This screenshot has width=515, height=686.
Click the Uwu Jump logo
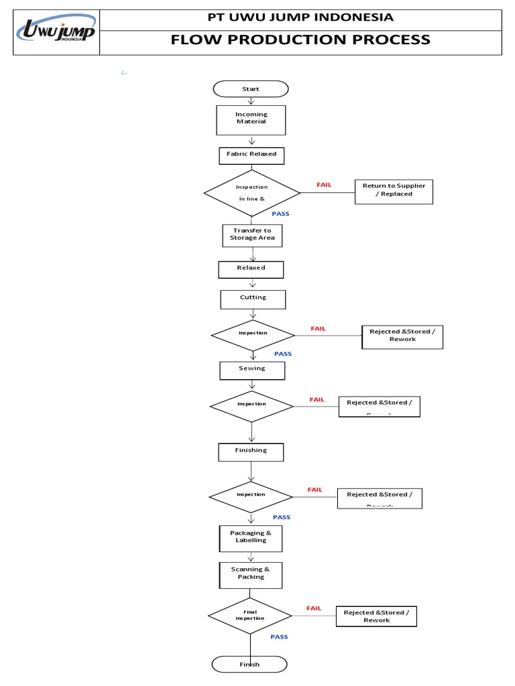pos(56,32)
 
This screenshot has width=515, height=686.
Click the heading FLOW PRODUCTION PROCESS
pos(300,40)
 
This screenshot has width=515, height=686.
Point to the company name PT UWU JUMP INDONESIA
pos(300,17)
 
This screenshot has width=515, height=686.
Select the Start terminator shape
pos(251,89)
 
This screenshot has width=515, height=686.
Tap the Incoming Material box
pos(251,119)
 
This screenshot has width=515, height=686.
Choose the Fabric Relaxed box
pos(251,155)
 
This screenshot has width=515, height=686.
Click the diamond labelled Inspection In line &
pos(252,193)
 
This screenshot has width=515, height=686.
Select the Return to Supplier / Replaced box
pos(394,190)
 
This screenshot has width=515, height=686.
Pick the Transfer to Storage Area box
pos(252,234)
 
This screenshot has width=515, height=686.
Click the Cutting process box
pos(253,298)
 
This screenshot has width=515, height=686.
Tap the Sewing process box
pos(252,369)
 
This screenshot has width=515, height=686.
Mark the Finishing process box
pos(251,452)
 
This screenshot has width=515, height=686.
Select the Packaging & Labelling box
pos(251,537)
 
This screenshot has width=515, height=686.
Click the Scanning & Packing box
pos(251,574)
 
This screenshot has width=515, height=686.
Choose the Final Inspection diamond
pos(249,616)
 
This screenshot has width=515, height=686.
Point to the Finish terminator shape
pos(249,665)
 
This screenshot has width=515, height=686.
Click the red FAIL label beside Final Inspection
pos(314,608)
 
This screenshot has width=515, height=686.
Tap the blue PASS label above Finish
pos(279,637)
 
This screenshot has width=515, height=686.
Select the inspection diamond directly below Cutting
pos(253,334)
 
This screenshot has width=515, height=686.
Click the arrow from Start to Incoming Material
pos(251,101)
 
